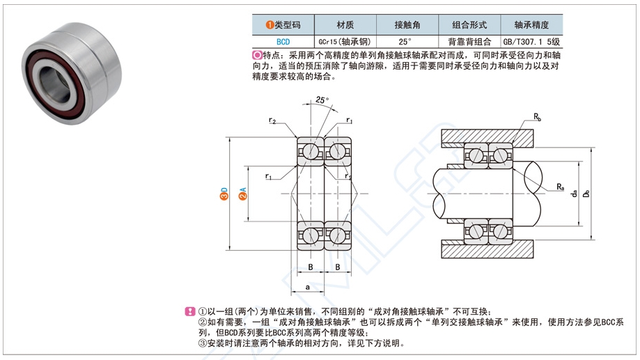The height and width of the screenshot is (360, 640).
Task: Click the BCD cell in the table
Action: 283,41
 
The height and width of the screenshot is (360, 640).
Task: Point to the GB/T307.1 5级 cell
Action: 531,41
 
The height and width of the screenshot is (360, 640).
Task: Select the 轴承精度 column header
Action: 531,24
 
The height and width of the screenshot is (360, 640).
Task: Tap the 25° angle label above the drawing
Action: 322,99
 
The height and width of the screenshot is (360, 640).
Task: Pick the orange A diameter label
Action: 242,193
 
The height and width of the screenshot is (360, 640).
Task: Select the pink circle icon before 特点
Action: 257,55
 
